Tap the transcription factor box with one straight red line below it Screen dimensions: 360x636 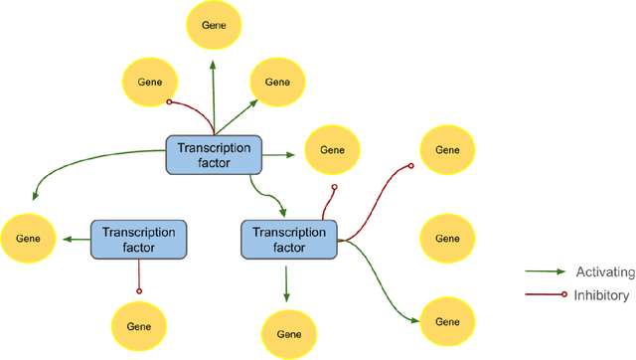(139, 239)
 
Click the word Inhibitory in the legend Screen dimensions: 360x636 (600, 294)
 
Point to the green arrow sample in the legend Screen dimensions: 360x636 (544, 271)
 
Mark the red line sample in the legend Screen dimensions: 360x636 (544, 294)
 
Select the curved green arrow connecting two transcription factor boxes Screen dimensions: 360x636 (266, 194)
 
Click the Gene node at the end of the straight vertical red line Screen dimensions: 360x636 (139, 325)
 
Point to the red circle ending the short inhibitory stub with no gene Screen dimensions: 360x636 (334, 186)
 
